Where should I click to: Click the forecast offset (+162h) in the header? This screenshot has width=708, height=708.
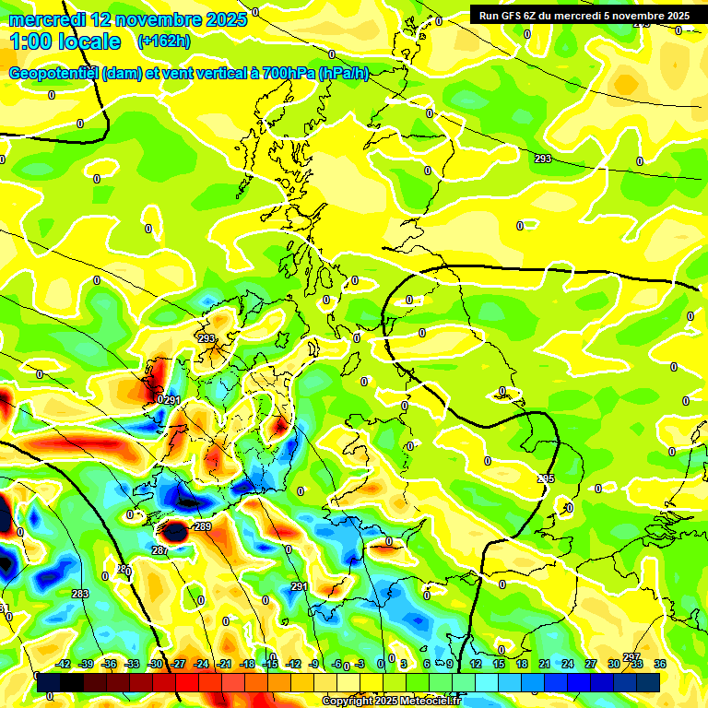click(163, 41)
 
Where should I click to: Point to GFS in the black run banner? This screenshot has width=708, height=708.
click(513, 15)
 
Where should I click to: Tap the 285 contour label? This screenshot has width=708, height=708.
click(546, 478)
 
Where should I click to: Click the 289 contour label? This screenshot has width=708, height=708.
click(203, 526)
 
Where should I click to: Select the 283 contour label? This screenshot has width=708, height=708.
click(79, 594)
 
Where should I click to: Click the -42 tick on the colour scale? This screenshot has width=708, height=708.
click(64, 664)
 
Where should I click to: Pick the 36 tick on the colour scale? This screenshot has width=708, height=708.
click(660, 664)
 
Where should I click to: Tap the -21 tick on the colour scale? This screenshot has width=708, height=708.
click(224, 664)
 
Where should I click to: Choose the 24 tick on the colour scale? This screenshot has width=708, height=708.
click(568, 664)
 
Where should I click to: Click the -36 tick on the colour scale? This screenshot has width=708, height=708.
click(110, 664)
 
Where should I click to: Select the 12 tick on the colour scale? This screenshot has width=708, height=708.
click(476, 664)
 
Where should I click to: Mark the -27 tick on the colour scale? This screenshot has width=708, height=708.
click(178, 664)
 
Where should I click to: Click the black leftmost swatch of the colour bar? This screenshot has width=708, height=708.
click(48, 683)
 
